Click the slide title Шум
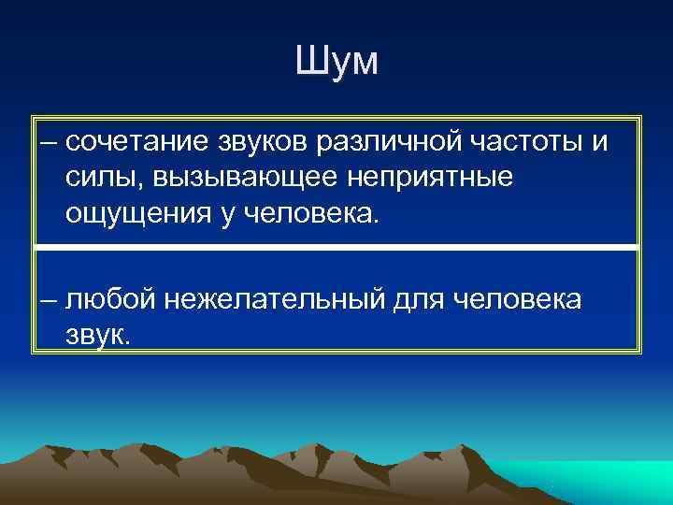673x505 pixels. click(x=336, y=63)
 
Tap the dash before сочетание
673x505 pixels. click(x=49, y=143)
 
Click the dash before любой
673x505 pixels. click(x=49, y=300)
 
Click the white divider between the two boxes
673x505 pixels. click(x=336, y=247)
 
